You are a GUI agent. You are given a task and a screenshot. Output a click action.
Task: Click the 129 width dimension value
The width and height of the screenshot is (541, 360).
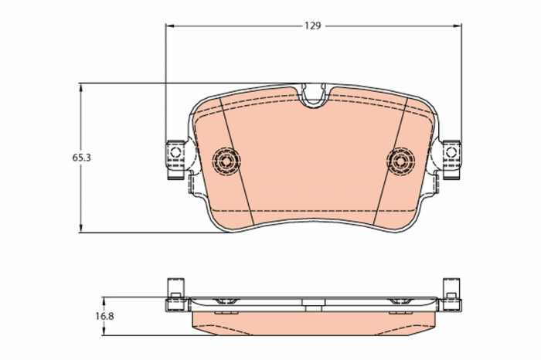click(x=311, y=25)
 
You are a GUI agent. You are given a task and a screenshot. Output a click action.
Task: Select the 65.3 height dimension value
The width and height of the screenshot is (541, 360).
click(x=82, y=157)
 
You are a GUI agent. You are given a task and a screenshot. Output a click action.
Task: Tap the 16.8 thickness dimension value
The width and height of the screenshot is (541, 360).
click(x=104, y=315)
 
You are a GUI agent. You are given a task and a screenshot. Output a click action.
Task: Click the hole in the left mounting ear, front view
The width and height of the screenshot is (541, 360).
click(x=176, y=152)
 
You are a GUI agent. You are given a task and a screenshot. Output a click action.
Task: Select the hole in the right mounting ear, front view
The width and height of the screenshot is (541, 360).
click(x=451, y=152)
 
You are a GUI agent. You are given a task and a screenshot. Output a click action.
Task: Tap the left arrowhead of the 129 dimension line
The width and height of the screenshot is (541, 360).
click(x=170, y=25)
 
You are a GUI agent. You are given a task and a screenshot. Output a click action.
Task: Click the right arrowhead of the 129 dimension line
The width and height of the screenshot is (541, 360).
click(x=457, y=25)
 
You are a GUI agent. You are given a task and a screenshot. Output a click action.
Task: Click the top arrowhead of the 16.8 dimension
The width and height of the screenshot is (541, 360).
click(x=104, y=301)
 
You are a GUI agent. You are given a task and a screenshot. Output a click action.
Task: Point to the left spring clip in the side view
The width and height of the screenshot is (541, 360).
click(x=226, y=300)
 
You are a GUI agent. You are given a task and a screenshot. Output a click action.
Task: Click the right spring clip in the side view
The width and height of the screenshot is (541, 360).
click(x=400, y=300)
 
